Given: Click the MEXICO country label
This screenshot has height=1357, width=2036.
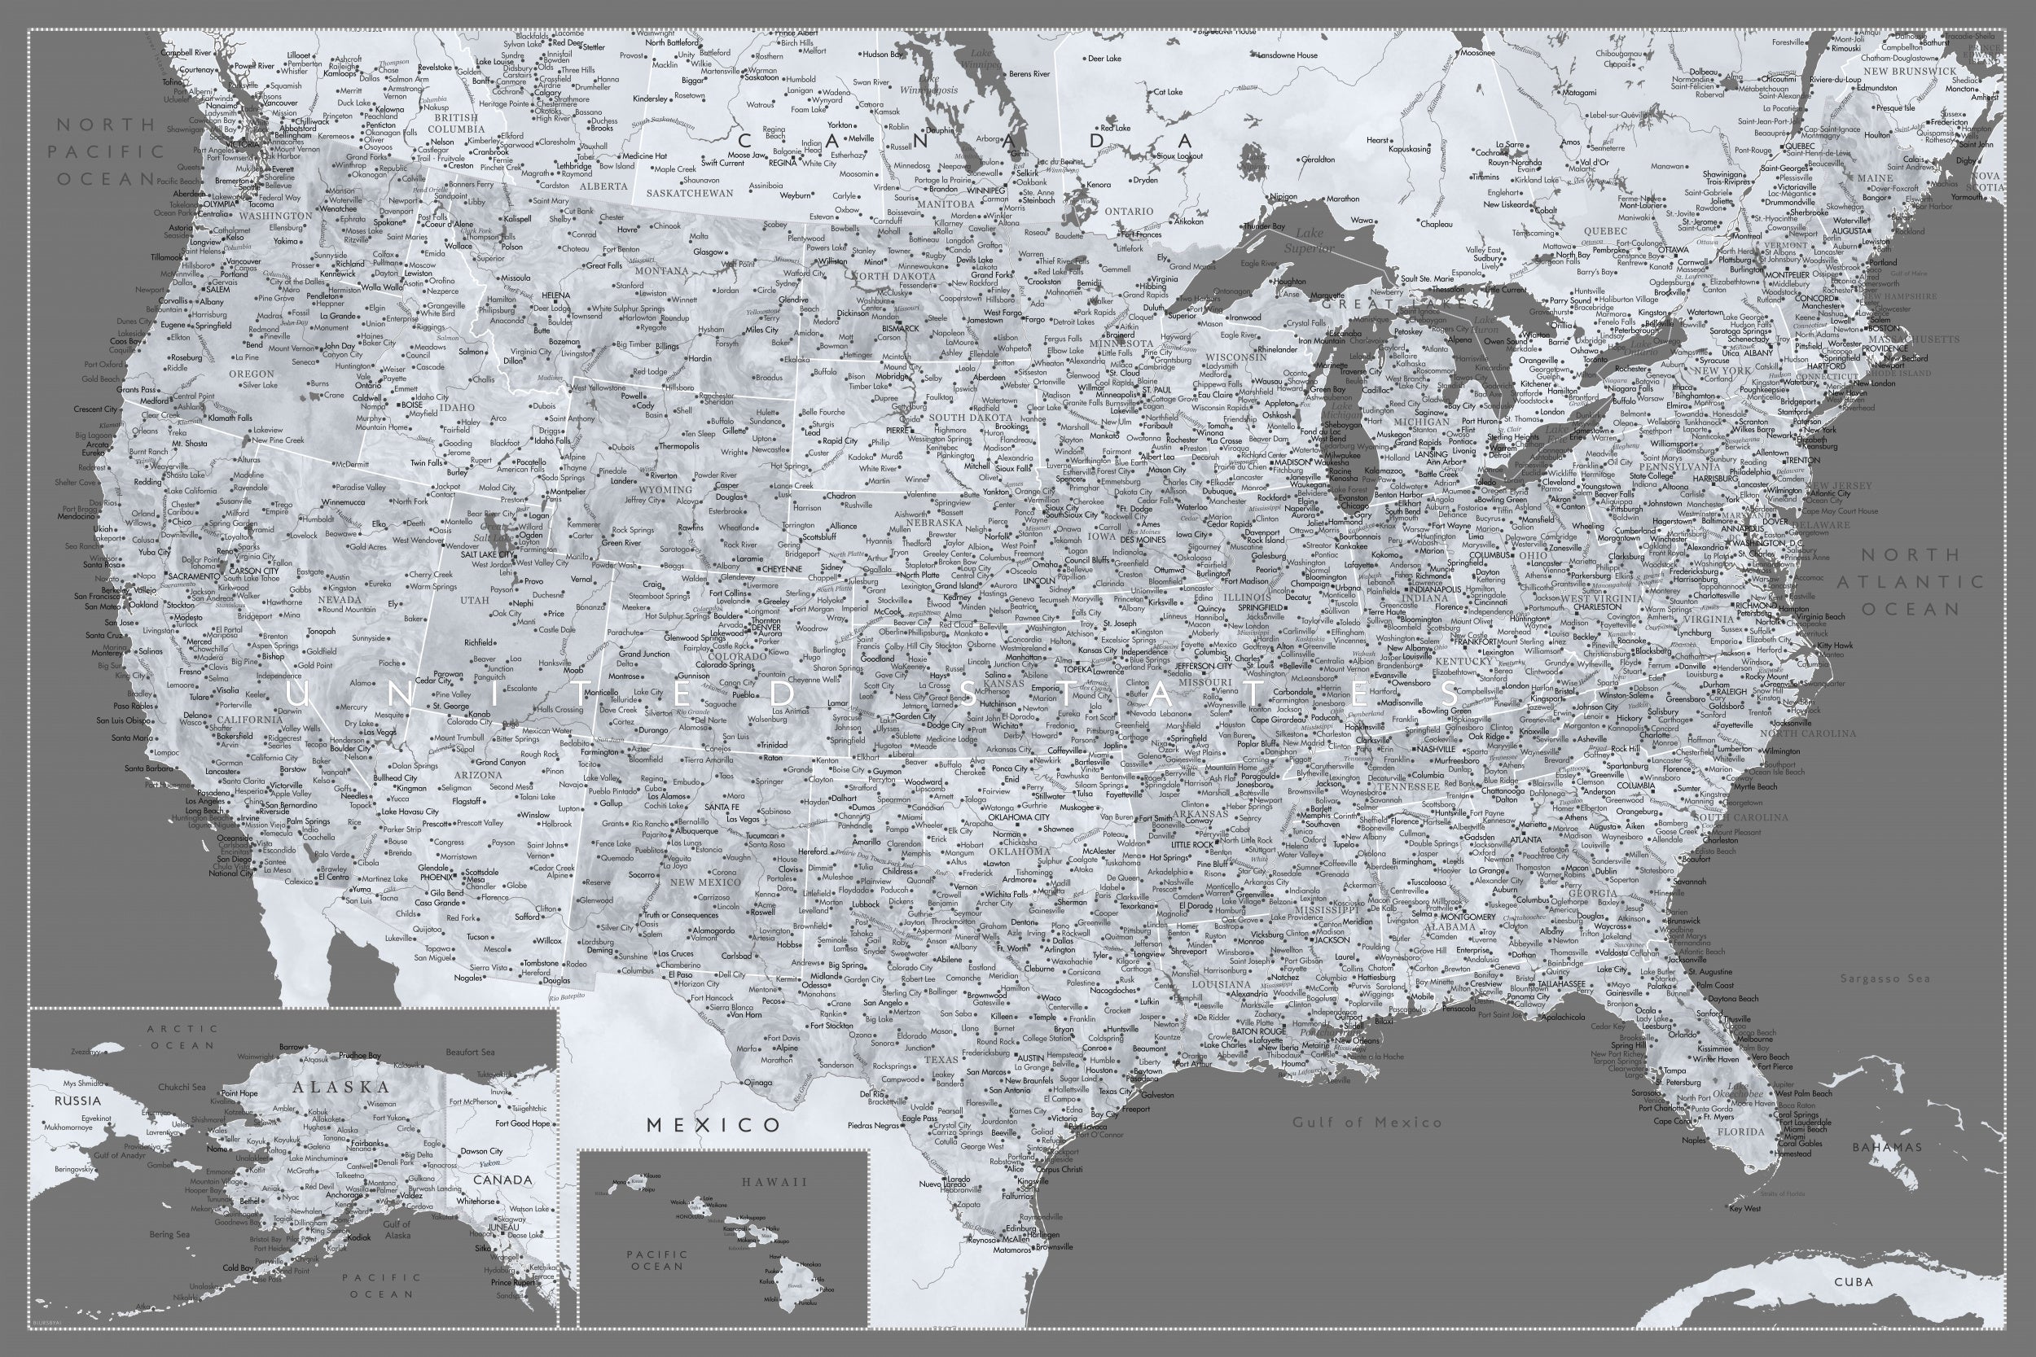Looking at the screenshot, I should (x=714, y=1125).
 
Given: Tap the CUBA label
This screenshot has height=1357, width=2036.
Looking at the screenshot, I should (x=1854, y=1283).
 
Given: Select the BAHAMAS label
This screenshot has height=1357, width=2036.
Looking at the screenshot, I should (x=1887, y=1148).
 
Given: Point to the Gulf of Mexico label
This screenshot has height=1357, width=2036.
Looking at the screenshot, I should (x=1367, y=1123).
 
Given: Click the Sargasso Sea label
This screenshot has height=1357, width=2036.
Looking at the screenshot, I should (x=1885, y=978).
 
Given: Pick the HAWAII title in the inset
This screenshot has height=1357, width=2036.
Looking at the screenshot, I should (x=774, y=1182).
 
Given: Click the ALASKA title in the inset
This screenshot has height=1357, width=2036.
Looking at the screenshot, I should (x=341, y=1088).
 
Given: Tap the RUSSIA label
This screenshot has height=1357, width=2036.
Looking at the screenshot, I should (x=78, y=1101).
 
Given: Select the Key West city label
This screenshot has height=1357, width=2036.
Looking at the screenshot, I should (x=1745, y=1209).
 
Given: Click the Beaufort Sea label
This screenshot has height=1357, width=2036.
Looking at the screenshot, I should (x=470, y=1053).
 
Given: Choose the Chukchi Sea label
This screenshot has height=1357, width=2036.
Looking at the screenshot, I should (x=182, y=1087).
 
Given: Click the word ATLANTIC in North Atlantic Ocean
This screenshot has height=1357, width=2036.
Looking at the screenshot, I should (x=1911, y=582).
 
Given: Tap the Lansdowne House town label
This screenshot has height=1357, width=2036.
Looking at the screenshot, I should (x=1288, y=55).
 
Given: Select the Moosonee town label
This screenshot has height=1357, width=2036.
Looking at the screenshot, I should (x=1477, y=53).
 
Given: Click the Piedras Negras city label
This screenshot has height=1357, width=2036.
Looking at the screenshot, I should (x=873, y=1126).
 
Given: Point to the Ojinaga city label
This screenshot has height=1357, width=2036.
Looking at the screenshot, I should (x=757, y=1083).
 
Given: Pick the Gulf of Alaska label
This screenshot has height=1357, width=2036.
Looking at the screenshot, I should (x=397, y=1230).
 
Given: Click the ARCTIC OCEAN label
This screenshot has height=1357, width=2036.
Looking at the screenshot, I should (x=182, y=1037).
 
